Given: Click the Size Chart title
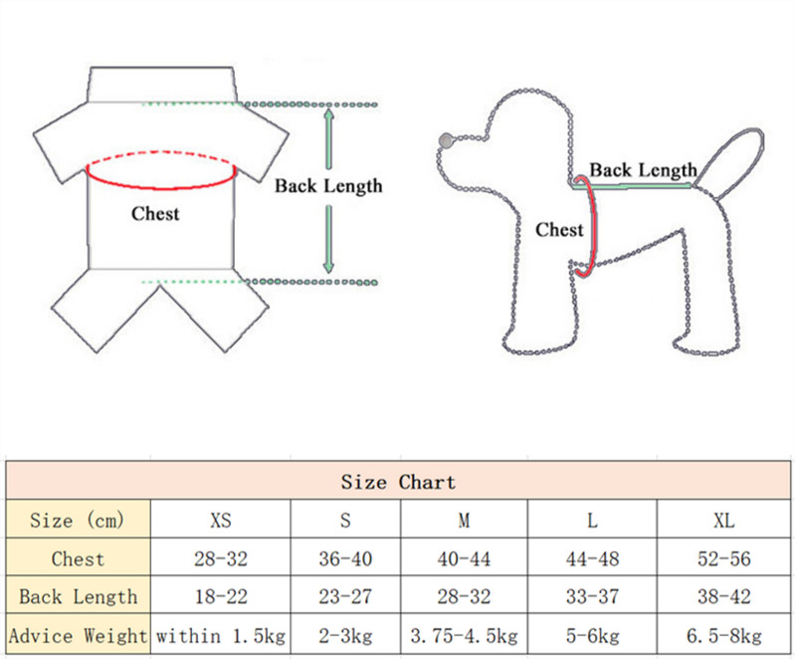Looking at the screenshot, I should tap(398, 483).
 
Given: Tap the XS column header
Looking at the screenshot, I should tap(221, 521).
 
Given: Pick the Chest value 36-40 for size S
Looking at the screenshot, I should tap(345, 558).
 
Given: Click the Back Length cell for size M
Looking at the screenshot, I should tap(464, 596).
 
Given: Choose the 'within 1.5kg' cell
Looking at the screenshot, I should tap(221, 634).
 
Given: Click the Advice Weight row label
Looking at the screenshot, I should tap(78, 634).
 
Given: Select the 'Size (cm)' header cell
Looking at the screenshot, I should tap(78, 521).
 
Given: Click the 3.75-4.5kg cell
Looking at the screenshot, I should tap(464, 634).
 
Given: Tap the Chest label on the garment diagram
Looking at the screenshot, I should tap(155, 213).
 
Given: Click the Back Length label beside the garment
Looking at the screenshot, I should tap(328, 186).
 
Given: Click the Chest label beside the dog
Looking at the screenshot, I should tap(559, 230).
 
